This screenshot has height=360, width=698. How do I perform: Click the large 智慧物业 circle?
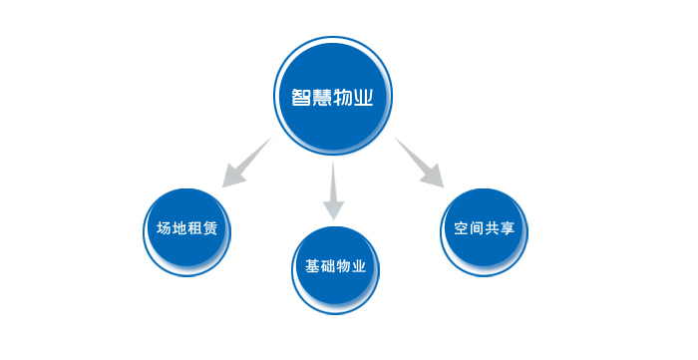332,96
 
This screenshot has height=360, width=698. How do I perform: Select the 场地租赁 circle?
187,232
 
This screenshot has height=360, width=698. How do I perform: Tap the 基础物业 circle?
335,270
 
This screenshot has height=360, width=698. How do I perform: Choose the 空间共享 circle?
484,232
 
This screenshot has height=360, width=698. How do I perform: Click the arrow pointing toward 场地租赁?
246,163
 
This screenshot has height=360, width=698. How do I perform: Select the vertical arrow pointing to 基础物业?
333,190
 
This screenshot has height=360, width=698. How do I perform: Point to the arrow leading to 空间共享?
420,163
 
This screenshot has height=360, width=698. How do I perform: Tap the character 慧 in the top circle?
321,97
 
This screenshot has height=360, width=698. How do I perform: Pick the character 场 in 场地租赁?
164,228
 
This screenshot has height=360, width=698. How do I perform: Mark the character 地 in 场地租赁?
178,228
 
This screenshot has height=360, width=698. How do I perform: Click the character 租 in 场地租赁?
194,228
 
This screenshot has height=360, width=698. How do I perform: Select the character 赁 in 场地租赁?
210,228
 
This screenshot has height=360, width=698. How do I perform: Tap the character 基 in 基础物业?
312,266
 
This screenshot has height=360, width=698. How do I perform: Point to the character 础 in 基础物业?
328,266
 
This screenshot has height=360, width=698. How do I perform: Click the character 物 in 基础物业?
343,266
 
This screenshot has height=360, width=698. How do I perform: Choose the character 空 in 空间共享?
461,228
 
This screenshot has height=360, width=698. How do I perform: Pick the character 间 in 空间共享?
477,228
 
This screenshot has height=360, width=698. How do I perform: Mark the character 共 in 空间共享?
492,228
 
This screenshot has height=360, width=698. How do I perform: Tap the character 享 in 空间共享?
508,228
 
